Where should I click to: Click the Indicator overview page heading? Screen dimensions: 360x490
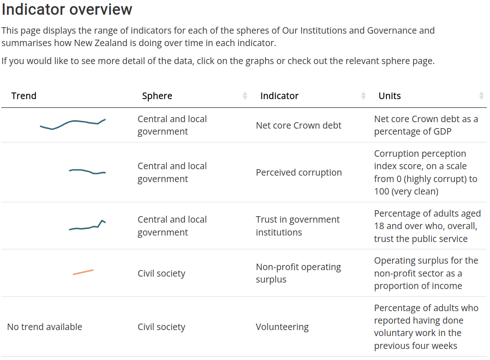67,10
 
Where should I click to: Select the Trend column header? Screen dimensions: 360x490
24,96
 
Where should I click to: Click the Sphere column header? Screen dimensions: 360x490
157,96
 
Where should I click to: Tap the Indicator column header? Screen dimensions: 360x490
279,96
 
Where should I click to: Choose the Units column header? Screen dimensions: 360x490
390,96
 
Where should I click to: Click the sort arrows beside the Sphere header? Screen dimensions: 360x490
245,96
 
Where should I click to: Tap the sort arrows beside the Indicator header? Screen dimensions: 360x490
363,96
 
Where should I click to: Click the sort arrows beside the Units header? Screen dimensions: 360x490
481,96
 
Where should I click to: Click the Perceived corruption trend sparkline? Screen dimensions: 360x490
87,171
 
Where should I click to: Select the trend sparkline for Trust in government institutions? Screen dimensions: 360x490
87,225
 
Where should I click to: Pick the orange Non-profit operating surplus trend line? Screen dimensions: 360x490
83,272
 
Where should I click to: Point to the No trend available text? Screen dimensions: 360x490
45,327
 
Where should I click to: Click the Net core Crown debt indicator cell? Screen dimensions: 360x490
299,125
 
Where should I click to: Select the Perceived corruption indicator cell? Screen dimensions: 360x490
299,172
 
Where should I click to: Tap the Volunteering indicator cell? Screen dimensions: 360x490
282,327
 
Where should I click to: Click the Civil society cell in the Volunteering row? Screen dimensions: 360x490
161,327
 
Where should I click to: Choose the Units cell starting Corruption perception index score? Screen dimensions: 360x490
425,172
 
